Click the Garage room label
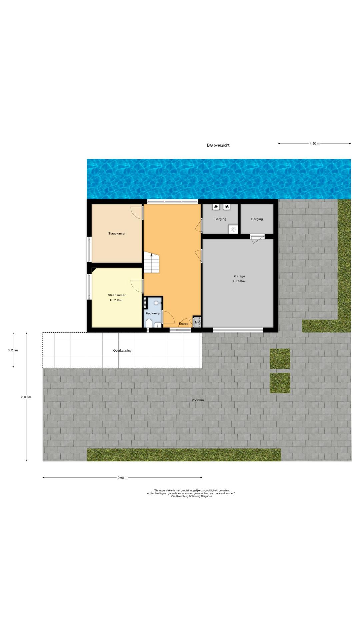point(239,276)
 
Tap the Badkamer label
point(153,313)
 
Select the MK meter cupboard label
point(197,322)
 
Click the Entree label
point(184,324)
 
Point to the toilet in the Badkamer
point(149,323)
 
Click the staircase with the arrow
point(152,262)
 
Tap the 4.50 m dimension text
point(314,144)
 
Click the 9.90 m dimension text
point(122,478)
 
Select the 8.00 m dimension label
point(26,397)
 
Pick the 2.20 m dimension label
point(13,350)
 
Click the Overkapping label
point(122,351)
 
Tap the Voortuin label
point(198,400)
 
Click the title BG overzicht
point(218,145)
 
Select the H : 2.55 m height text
point(239,281)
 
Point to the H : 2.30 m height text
point(116,300)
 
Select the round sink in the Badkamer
point(156,303)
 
